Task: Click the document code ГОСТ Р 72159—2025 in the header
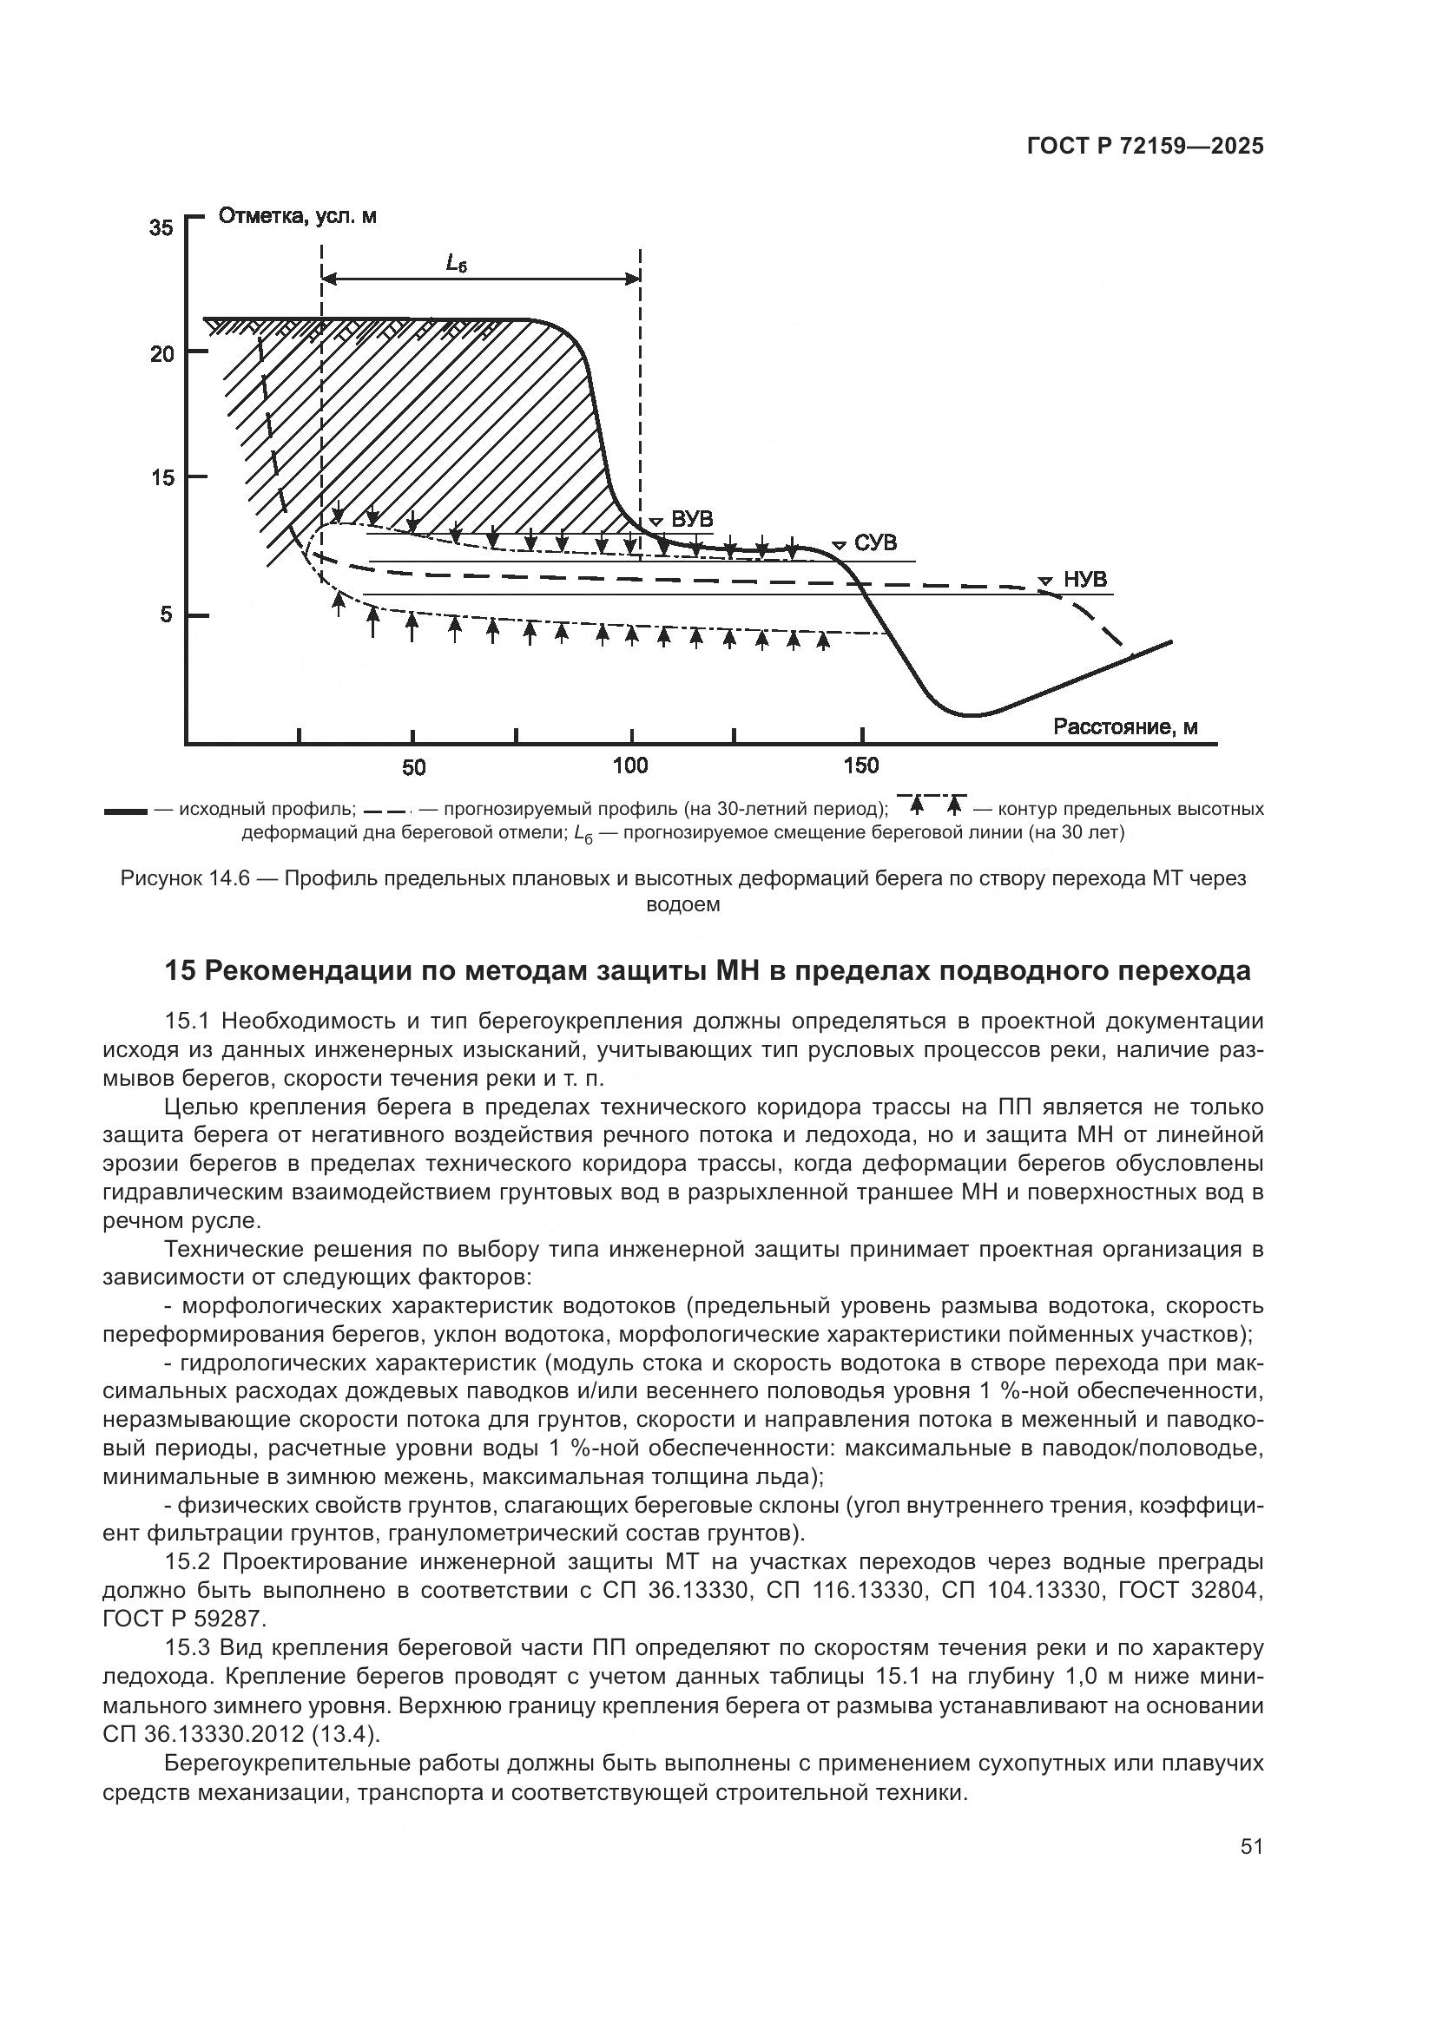point(1145,147)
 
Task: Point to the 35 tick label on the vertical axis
point(161,228)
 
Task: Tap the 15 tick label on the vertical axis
point(161,478)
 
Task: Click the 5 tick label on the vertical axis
point(166,614)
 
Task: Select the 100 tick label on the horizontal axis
point(630,765)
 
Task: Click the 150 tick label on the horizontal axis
point(861,765)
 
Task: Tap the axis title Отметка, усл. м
point(297,217)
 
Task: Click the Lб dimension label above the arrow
point(456,263)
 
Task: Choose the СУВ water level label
point(875,542)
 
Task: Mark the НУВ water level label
point(1084,579)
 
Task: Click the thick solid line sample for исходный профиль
point(125,811)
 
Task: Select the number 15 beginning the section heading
point(180,971)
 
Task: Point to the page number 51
point(1251,1846)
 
